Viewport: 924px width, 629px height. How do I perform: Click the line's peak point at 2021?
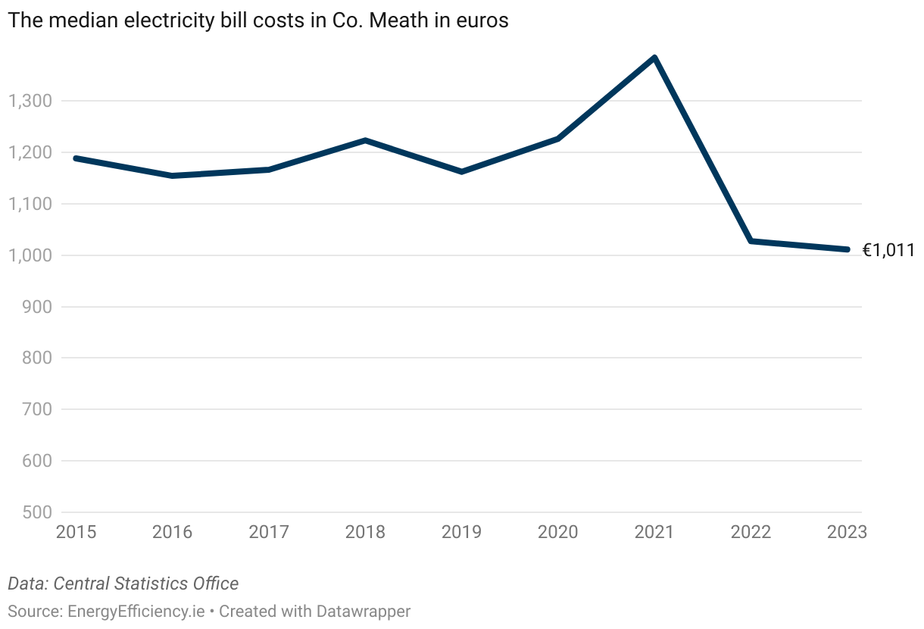tap(654, 58)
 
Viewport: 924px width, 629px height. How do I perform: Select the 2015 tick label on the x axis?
tap(76, 532)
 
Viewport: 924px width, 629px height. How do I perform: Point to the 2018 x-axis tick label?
tap(365, 532)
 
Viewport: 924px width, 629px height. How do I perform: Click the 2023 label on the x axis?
tap(847, 532)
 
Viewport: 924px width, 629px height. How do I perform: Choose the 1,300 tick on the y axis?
tap(29, 101)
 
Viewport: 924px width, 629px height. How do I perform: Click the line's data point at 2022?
tap(751, 241)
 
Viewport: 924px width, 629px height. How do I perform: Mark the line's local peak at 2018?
tap(365, 140)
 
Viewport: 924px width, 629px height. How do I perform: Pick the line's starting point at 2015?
tap(76, 158)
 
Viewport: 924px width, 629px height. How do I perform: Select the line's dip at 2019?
tap(461, 172)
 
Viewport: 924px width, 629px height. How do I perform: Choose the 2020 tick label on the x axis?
tap(557, 532)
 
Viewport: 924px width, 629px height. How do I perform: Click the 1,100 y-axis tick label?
tap(29, 204)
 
